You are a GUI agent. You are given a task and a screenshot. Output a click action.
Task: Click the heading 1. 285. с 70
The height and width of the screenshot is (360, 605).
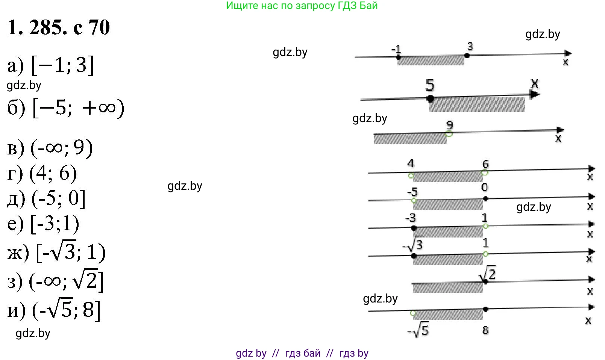[x=59, y=27]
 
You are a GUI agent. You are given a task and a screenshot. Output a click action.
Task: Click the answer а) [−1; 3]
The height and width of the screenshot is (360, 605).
[x=50, y=65]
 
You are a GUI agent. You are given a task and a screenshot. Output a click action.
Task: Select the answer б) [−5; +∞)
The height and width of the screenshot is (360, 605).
[x=65, y=108]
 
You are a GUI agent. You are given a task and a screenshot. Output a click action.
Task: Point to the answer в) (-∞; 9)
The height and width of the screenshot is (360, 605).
[x=50, y=148]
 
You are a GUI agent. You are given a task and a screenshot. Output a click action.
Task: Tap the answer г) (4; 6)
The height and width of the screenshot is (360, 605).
[x=42, y=173]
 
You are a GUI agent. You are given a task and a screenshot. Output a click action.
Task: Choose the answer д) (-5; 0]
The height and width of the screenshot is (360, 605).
[x=46, y=198]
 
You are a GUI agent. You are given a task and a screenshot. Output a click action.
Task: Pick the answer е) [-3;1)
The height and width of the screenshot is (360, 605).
[x=43, y=224]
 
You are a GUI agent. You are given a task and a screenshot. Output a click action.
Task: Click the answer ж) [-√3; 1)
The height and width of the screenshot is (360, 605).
[x=56, y=252]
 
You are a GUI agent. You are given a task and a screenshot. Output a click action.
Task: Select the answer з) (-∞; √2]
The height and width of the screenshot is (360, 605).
[x=55, y=281]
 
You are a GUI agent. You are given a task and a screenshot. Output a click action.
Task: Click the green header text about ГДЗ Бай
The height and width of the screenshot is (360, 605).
[x=302, y=6]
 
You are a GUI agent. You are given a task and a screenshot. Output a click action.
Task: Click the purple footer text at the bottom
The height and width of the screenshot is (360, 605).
[x=302, y=353]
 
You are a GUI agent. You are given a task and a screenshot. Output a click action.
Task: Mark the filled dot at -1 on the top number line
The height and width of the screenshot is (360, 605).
[x=399, y=57]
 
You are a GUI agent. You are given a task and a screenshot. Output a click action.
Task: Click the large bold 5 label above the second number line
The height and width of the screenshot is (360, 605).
[x=430, y=85]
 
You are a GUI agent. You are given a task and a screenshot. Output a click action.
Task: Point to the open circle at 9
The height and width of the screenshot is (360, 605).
[x=449, y=134]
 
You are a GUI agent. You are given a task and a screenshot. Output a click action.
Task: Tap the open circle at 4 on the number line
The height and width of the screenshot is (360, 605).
[x=411, y=175]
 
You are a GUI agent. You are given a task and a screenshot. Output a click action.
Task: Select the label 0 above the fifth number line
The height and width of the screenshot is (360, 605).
[x=484, y=187]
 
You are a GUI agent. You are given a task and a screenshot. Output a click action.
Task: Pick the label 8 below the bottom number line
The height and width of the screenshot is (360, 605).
[x=485, y=330]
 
